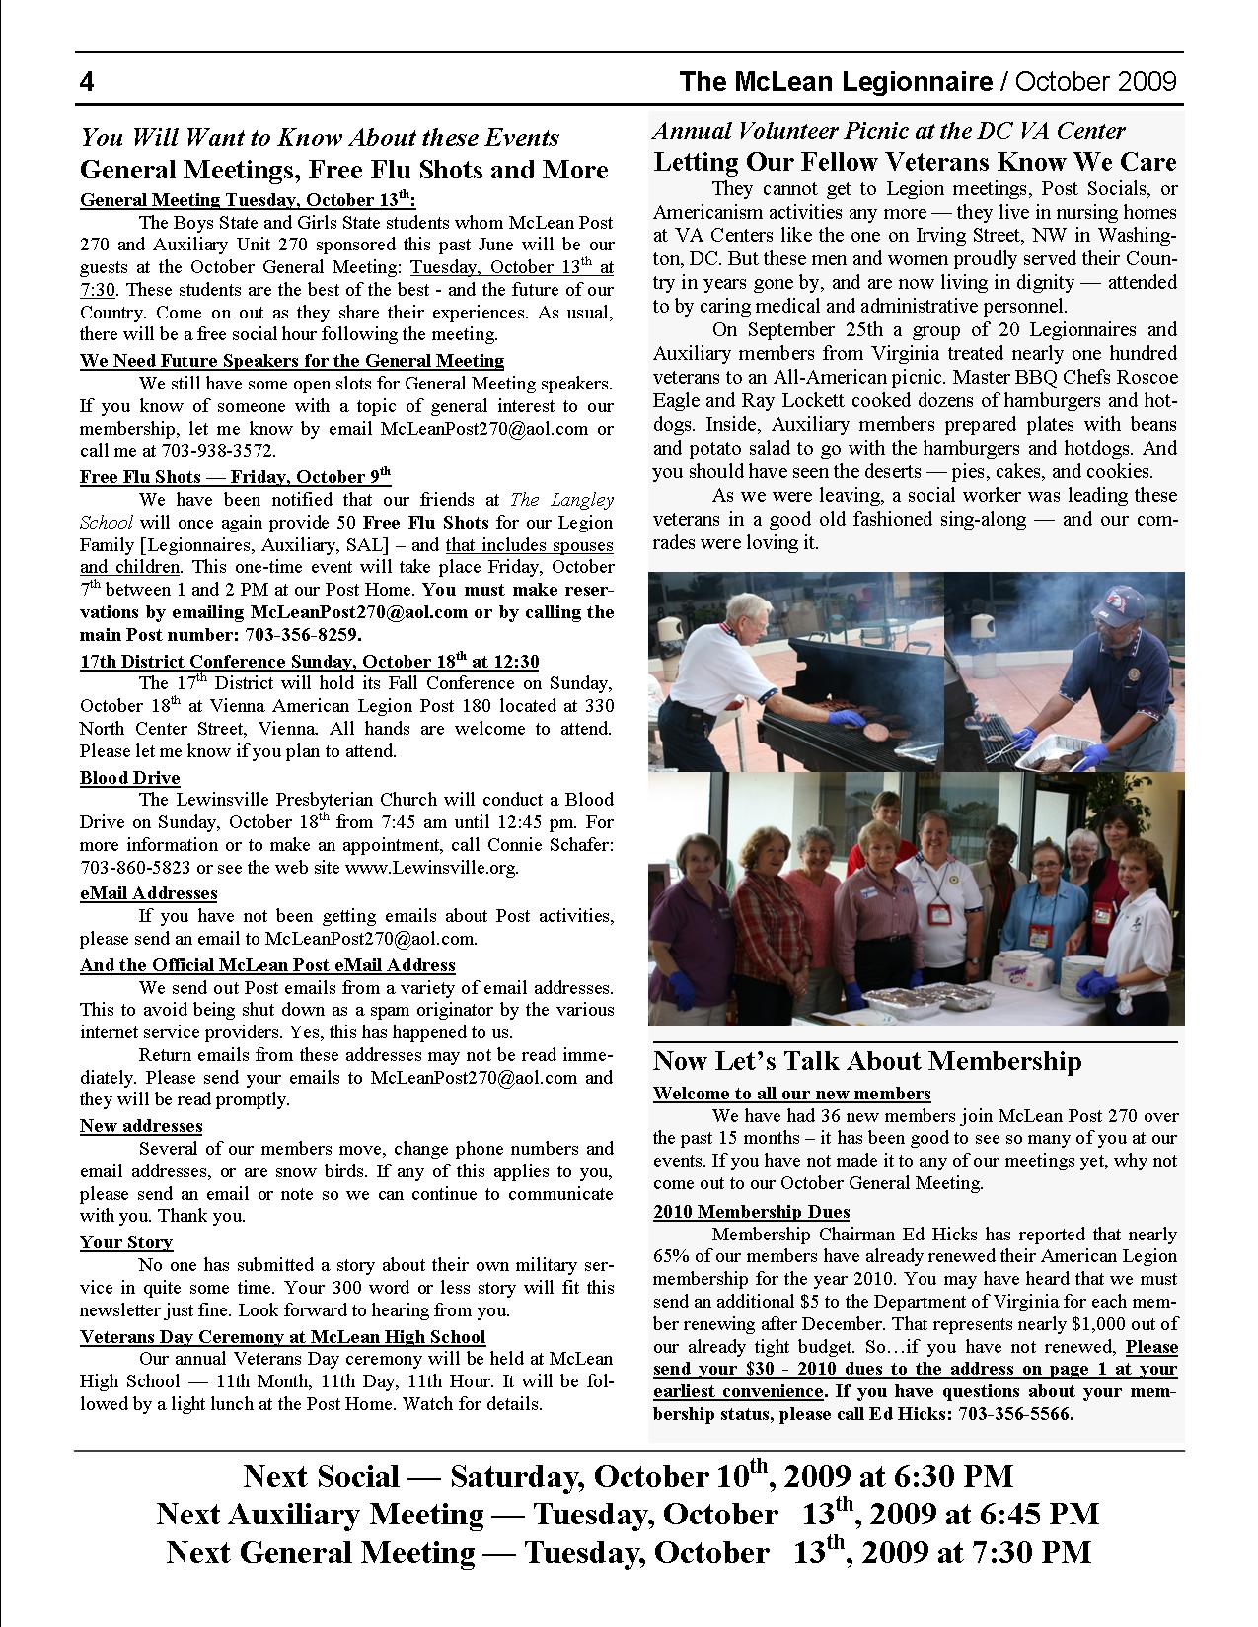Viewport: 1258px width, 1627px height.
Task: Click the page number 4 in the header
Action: (87, 82)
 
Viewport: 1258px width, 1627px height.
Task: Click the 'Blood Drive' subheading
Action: (130, 778)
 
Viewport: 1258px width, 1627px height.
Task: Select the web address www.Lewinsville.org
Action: (431, 868)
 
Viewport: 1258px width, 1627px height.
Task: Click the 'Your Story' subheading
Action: (126, 1242)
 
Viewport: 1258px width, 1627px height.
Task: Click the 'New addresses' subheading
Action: (141, 1126)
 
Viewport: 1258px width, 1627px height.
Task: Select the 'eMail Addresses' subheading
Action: (149, 893)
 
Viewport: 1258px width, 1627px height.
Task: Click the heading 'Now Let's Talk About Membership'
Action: (867, 1062)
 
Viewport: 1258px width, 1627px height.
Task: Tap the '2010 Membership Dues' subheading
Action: (752, 1212)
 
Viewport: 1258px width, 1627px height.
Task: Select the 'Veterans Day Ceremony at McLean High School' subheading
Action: (283, 1337)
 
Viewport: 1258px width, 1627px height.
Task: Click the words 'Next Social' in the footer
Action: (322, 1477)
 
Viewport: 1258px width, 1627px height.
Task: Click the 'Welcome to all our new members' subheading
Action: (792, 1094)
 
